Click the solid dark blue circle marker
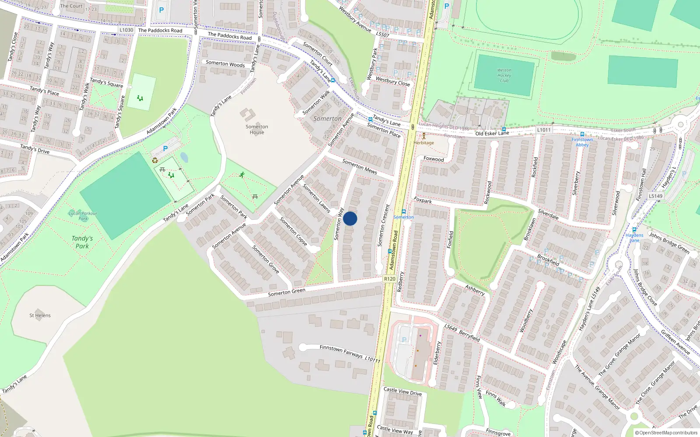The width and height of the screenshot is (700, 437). coord(350,218)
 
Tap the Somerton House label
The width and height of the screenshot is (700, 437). coord(257,129)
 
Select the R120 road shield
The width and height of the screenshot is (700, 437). coord(389,279)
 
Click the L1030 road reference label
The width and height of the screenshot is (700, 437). coord(126,30)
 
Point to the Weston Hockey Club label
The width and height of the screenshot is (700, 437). coord(504,75)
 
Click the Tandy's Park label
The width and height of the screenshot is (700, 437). coord(82,242)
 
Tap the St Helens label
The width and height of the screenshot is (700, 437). coord(40,315)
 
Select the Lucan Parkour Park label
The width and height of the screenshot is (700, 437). coord(83,216)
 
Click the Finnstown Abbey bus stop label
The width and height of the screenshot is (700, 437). coord(582,142)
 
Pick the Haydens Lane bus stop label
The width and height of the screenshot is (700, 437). coord(634,238)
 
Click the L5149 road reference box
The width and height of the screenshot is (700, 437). coord(655,196)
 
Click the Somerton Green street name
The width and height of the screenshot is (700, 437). coord(287,292)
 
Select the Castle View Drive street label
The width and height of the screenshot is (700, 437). coord(402,392)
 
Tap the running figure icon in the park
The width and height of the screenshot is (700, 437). coord(242,175)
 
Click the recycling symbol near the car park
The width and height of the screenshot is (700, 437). coord(154,160)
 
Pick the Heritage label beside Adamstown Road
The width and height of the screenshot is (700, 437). coord(424,143)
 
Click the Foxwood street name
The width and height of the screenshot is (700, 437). coord(434,159)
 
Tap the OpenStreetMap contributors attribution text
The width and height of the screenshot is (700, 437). coord(666,433)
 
